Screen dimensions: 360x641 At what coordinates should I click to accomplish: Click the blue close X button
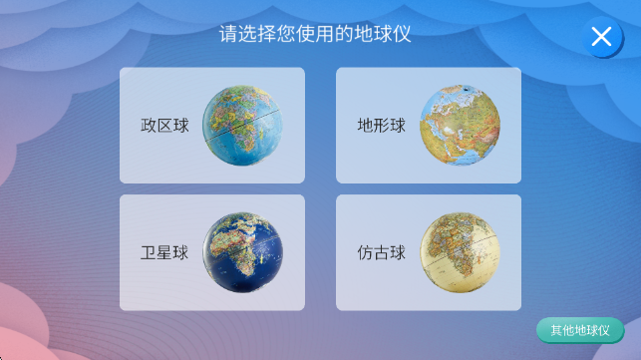tap(601, 38)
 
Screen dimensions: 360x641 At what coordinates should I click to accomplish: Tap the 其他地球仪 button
tap(580, 330)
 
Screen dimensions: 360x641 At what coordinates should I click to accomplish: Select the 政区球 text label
tap(164, 126)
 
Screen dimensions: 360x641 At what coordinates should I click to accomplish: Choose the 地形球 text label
tap(382, 126)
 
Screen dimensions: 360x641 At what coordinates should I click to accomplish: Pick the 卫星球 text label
tap(164, 252)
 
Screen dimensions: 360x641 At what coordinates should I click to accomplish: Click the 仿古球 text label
tap(382, 252)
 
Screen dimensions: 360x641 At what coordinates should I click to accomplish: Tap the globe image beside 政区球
tap(242, 126)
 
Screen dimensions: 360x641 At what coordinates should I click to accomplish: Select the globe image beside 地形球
tap(460, 126)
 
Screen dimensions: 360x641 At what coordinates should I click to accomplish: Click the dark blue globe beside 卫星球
tap(242, 252)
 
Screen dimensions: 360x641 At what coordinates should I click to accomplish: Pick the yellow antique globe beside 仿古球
tap(460, 252)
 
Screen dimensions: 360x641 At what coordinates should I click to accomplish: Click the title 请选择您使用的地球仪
tap(315, 36)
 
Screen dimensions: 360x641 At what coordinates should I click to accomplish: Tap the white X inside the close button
tap(601, 38)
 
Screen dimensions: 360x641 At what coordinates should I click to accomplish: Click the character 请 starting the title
tap(228, 36)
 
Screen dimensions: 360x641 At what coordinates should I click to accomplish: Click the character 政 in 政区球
tap(149, 126)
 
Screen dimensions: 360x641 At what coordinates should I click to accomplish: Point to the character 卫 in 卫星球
tap(149, 252)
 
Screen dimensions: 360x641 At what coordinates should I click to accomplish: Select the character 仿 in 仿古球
tap(366, 252)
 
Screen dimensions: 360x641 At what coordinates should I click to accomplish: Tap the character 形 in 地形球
tap(382, 126)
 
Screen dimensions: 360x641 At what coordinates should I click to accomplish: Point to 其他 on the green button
tap(562, 330)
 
